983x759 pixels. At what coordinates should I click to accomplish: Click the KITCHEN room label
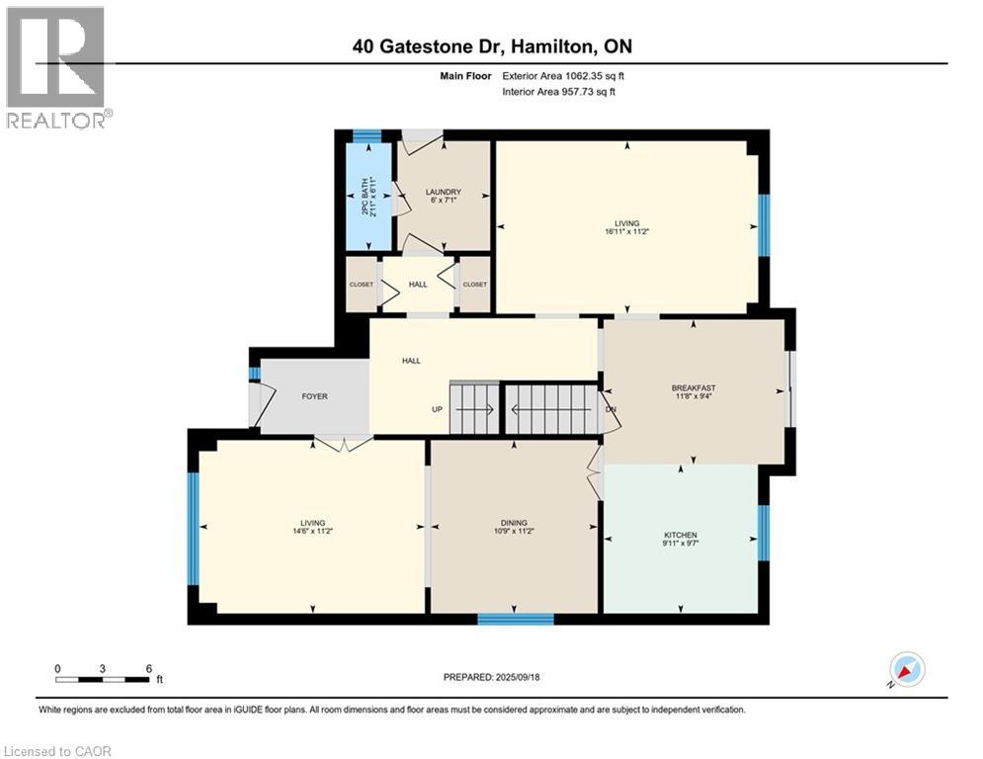tap(681, 535)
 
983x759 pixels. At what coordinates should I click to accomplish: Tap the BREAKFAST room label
tap(693, 387)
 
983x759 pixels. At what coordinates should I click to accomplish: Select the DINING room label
tap(513, 523)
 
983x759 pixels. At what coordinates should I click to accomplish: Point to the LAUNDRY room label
tap(444, 192)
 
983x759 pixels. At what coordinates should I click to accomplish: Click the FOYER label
tap(314, 396)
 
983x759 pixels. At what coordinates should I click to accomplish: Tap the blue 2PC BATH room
tap(368, 199)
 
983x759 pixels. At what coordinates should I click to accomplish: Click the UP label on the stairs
tap(436, 409)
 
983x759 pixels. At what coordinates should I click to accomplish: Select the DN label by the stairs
tap(612, 409)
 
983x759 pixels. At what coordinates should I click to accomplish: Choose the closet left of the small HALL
tap(362, 285)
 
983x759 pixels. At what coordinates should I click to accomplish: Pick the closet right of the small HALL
tap(475, 285)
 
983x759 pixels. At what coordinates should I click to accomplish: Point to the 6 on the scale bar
tap(148, 668)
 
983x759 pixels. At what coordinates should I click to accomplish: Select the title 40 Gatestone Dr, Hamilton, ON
tap(492, 45)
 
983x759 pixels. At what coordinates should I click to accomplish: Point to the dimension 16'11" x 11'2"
tap(626, 231)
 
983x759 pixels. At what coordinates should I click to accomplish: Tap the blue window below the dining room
tap(515, 620)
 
